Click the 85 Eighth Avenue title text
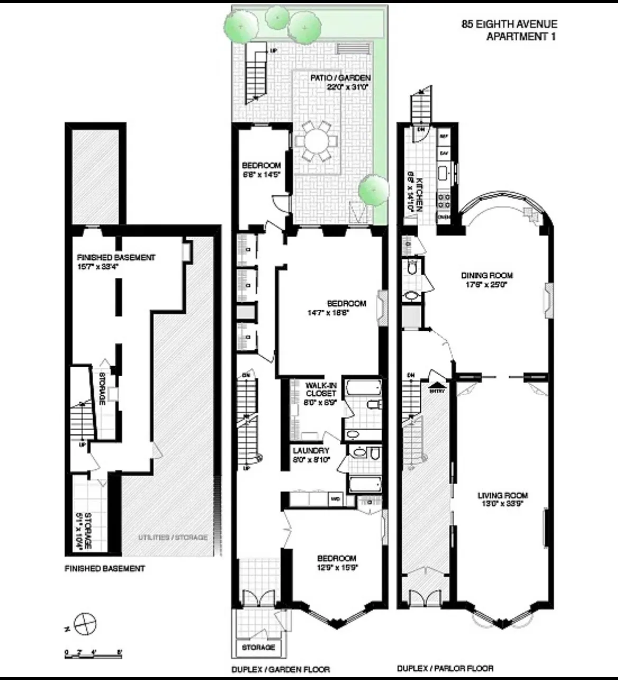(510, 24)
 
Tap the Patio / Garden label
(340, 82)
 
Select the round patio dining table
(316, 142)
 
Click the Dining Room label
(486, 280)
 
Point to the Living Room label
(503, 499)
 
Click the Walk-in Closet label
(321, 394)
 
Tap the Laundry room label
(311, 455)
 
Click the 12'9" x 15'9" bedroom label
(336, 563)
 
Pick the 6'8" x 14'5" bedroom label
(261, 170)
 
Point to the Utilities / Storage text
(173, 537)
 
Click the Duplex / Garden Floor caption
(280, 669)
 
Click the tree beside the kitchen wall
(373, 189)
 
